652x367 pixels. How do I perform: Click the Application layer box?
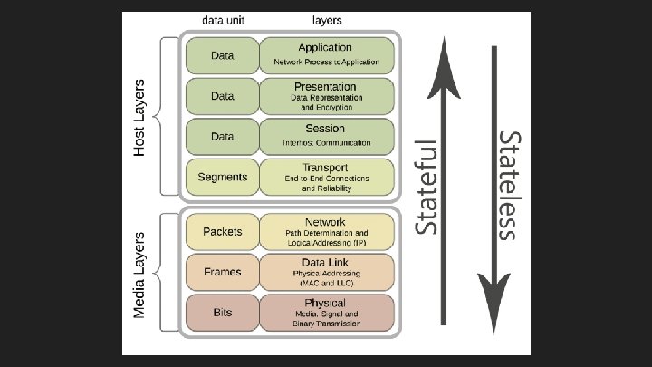(326, 54)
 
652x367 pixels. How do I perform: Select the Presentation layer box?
(326, 95)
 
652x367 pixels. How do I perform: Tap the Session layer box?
(326, 136)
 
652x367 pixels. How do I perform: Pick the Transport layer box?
(326, 178)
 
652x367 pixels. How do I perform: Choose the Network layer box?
(326, 232)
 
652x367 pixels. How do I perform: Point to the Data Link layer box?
(326, 272)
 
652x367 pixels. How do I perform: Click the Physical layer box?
(326, 313)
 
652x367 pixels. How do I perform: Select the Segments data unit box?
(222, 178)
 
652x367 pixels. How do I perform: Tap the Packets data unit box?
(222, 232)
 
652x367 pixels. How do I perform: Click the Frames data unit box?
(222, 272)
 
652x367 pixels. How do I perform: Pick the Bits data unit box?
(222, 313)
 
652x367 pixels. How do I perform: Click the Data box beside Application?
(222, 54)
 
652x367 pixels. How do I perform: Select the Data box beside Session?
(222, 136)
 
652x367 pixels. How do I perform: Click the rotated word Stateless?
(508, 186)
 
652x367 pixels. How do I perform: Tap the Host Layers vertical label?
(139, 116)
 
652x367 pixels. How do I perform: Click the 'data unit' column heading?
(223, 19)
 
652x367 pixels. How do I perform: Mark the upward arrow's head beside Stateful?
(443, 54)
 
